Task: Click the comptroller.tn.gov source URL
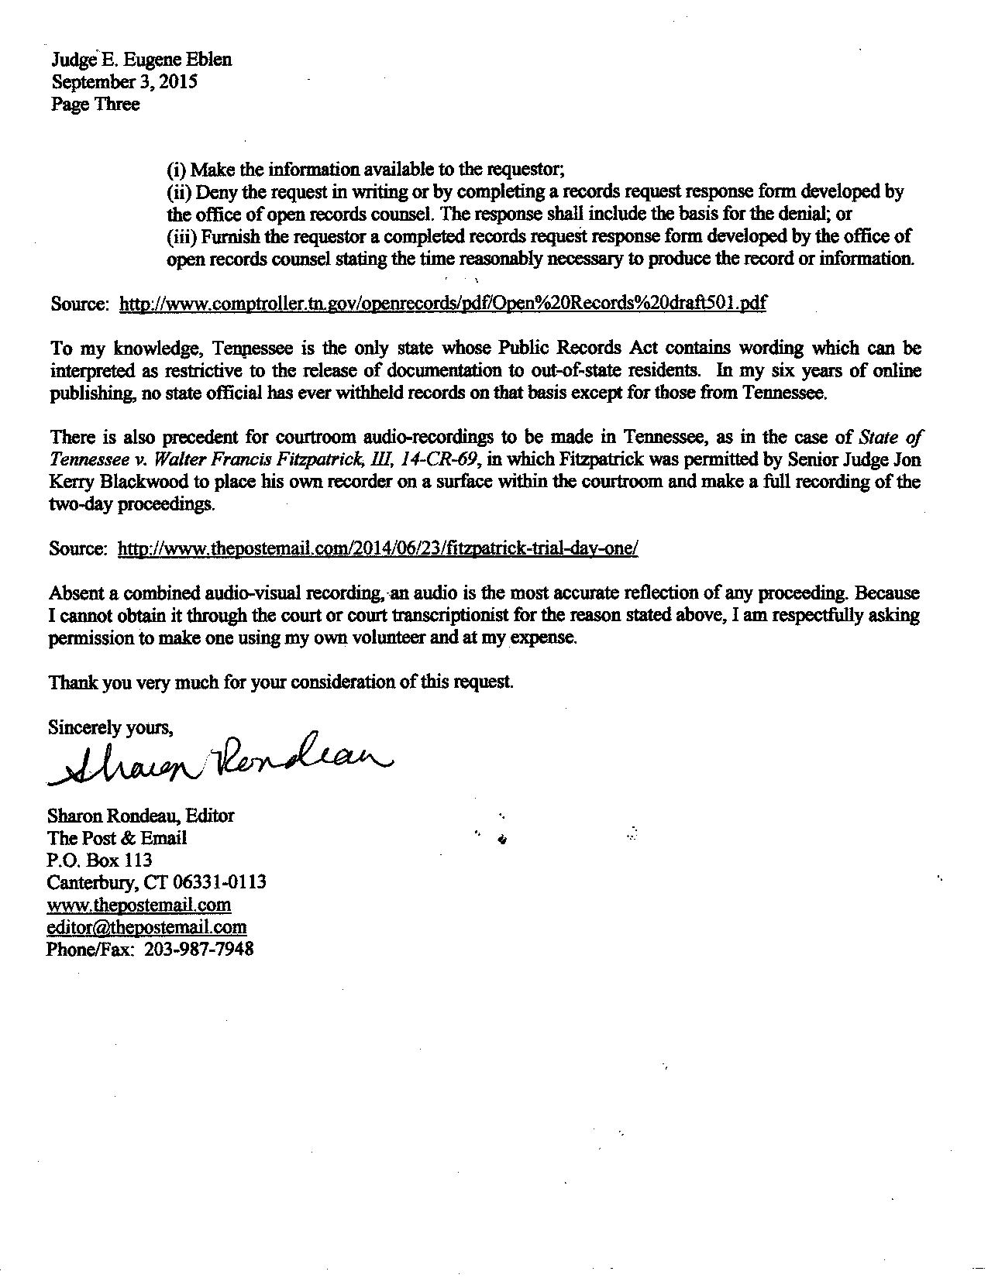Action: click(442, 304)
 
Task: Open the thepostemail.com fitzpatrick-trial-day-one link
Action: click(377, 549)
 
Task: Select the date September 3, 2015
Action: click(124, 81)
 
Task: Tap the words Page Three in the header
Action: click(95, 104)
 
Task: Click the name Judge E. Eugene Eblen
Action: click(141, 60)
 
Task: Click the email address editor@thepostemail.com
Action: click(147, 926)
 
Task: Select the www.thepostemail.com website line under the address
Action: click(139, 905)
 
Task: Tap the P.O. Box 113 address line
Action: click(100, 860)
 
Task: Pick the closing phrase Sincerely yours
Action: click(110, 727)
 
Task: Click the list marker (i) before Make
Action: click(177, 170)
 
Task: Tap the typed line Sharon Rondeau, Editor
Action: click(141, 816)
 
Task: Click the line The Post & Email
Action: click(117, 837)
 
